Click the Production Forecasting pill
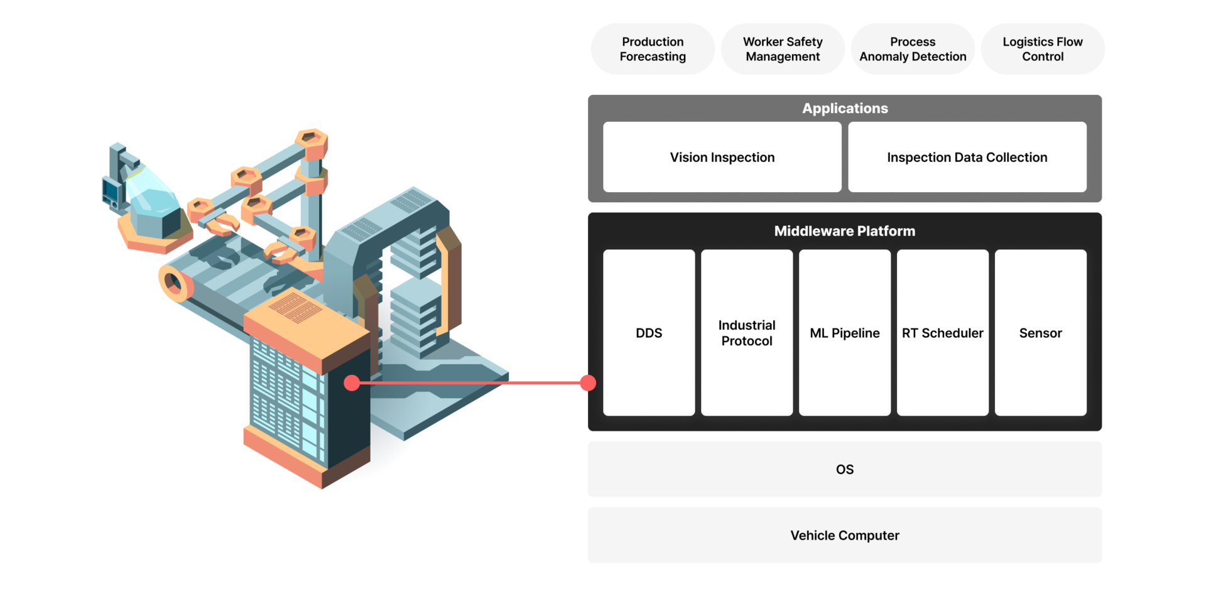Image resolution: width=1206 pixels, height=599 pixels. coord(653,49)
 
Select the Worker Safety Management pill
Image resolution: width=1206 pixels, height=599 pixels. coord(783,49)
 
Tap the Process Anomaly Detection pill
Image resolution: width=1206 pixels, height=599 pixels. coord(913,49)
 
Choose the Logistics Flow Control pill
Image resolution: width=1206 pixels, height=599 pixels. coord(1043,49)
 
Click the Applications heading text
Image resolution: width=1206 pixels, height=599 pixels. coord(845,108)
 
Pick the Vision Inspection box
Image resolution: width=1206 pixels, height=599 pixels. coord(722,157)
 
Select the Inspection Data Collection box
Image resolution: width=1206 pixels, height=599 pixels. coord(967,157)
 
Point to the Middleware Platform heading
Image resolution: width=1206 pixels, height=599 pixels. coord(844,231)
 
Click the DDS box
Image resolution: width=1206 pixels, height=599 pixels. coord(649,333)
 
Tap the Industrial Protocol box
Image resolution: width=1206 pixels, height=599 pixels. coord(747,333)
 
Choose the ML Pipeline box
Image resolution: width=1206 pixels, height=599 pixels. coord(845,333)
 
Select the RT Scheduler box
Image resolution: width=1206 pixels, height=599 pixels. coord(942,333)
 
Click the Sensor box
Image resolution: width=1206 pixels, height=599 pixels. coord(1040,333)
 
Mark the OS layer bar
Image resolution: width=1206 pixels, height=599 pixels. coord(845,469)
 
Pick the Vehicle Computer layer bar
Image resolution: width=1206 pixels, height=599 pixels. coord(845,535)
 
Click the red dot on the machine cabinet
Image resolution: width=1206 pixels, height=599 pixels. coord(352,383)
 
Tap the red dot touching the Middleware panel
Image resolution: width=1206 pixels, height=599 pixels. coord(587,383)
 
